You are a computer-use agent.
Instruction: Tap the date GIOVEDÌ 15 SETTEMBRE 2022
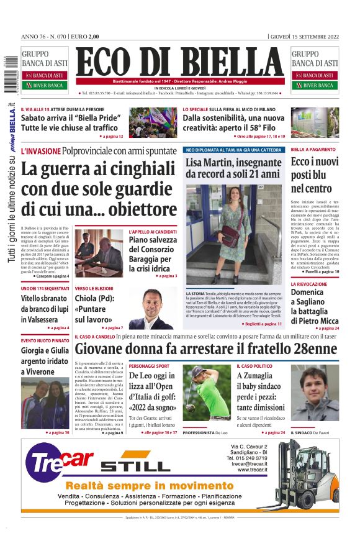pyautogui.click(x=305, y=36)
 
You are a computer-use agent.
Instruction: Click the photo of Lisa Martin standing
pyautogui.click(x=233, y=234)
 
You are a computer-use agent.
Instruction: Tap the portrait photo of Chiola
pyautogui.click(x=152, y=309)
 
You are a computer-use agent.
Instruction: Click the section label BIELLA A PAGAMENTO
pyautogui.click(x=313, y=150)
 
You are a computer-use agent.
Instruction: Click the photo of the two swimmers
pyautogui.click(x=45, y=403)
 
